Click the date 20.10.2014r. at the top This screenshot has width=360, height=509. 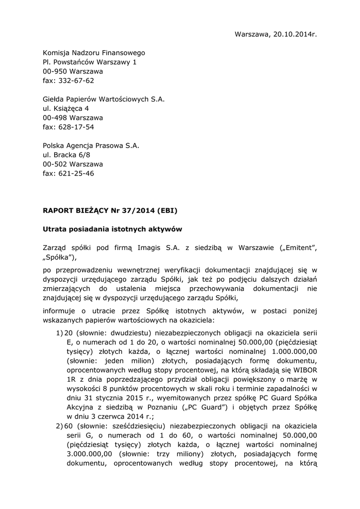tap(294, 34)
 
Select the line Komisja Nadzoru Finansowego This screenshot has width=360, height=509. tap(94, 53)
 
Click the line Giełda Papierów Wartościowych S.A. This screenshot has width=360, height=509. tap(103, 99)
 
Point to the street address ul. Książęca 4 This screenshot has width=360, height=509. tap(66, 108)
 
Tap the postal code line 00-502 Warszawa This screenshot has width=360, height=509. tap(73, 165)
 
